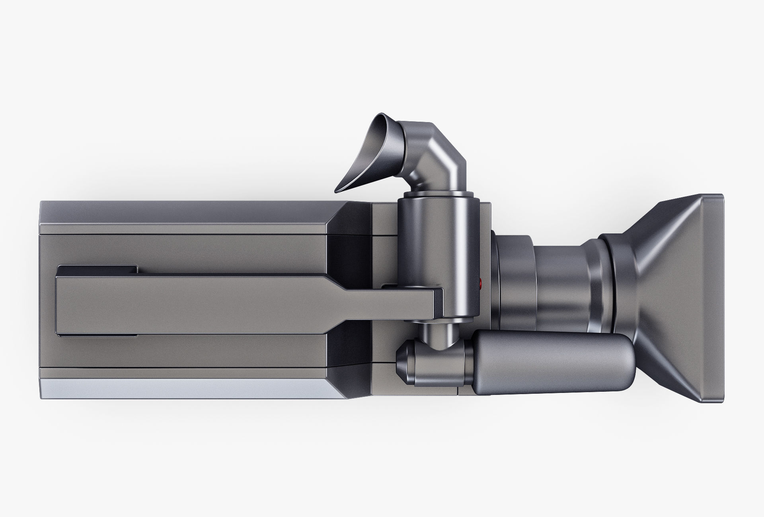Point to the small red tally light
pyautogui.click(x=481, y=284)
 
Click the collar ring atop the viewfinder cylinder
pyautogui.click(x=438, y=194)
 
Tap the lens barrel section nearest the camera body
pyautogui.click(x=513, y=278)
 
